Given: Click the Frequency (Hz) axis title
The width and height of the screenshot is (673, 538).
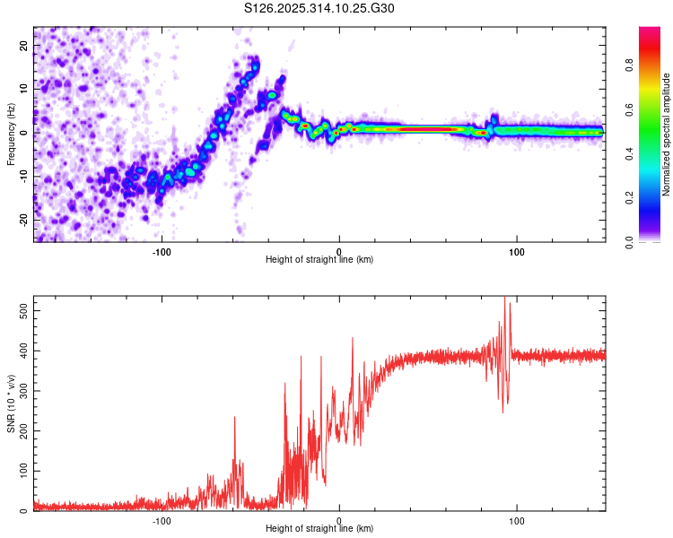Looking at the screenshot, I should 11,134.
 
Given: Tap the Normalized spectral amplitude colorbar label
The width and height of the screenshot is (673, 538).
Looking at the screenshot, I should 666,134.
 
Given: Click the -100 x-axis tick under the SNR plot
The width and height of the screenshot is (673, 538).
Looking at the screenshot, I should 162,521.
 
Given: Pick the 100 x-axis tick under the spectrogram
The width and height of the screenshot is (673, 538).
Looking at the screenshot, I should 516,252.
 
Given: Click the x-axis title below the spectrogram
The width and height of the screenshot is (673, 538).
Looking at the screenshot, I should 319,260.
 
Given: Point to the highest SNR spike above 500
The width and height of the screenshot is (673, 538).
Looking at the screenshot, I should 504,298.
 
